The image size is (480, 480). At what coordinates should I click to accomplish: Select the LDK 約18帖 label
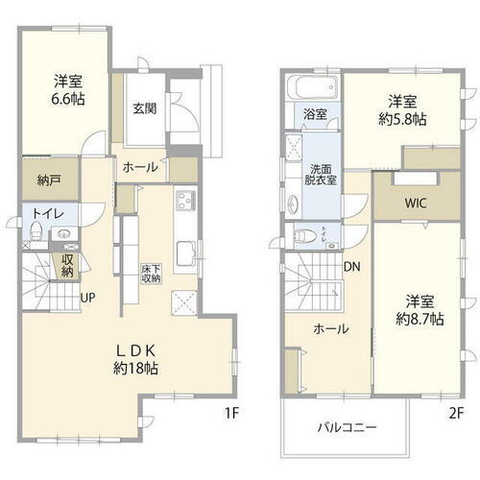[x=137, y=358]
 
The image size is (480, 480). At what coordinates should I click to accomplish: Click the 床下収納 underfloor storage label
[x=151, y=272]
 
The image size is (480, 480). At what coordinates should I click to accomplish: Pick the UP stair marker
[x=86, y=296]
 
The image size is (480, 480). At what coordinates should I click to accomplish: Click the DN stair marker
[x=352, y=267]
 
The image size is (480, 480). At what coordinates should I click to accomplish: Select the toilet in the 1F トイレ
[x=37, y=232]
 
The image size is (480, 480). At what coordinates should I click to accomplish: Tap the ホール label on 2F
[x=328, y=329]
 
